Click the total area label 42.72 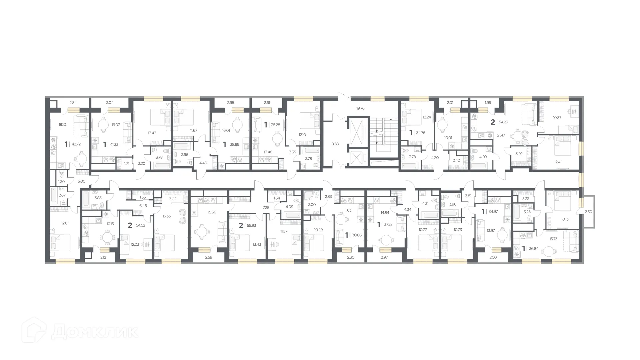click(x=76, y=144)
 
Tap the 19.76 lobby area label click(x=360, y=108)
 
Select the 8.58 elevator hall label click(x=335, y=144)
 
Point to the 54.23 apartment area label click(x=503, y=122)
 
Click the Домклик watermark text click(x=95, y=331)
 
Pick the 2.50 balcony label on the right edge click(x=588, y=212)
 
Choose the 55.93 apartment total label click(x=251, y=226)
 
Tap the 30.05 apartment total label click(x=356, y=235)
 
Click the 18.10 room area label click(x=62, y=124)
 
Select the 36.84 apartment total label click(x=533, y=249)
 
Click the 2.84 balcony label click(x=73, y=103)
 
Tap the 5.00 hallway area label click(x=81, y=181)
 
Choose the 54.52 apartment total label click(x=140, y=226)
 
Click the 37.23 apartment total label click(x=388, y=225)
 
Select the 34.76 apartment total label click(x=421, y=133)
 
